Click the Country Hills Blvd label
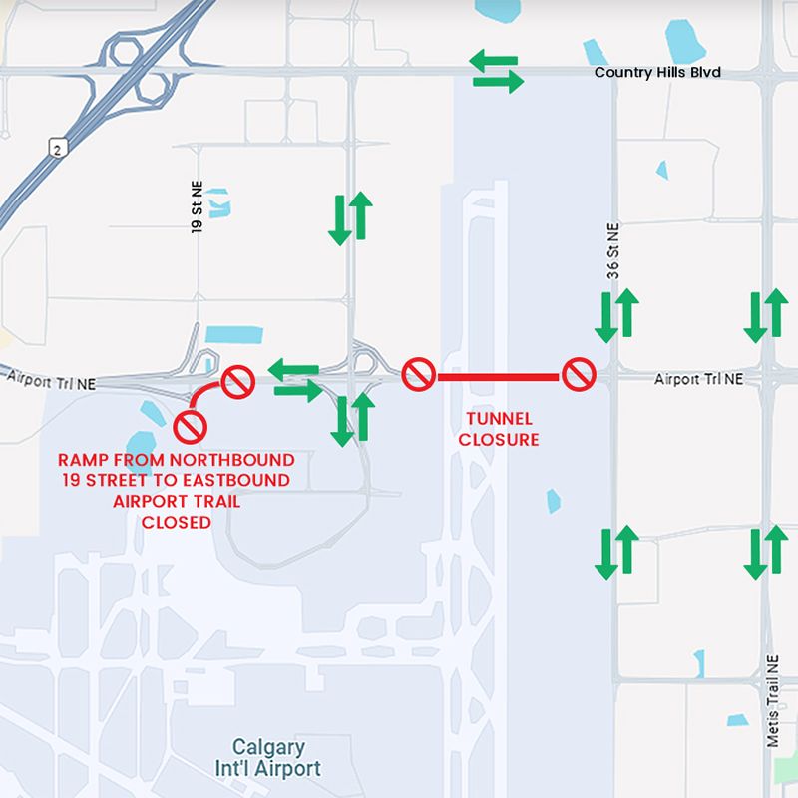(656, 73)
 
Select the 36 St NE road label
(614, 250)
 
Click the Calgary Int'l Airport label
(276, 758)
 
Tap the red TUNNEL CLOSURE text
(499, 429)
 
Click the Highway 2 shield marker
(58, 148)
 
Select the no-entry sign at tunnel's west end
(418, 375)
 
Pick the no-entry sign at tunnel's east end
(579, 375)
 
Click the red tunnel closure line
(498, 376)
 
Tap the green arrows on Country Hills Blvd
(496, 73)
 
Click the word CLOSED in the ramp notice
(176, 521)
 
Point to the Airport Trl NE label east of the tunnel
(699, 379)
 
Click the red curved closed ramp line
(206, 392)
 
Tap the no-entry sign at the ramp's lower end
(190, 427)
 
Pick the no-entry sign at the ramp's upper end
(237, 380)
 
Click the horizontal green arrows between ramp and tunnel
(296, 380)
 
